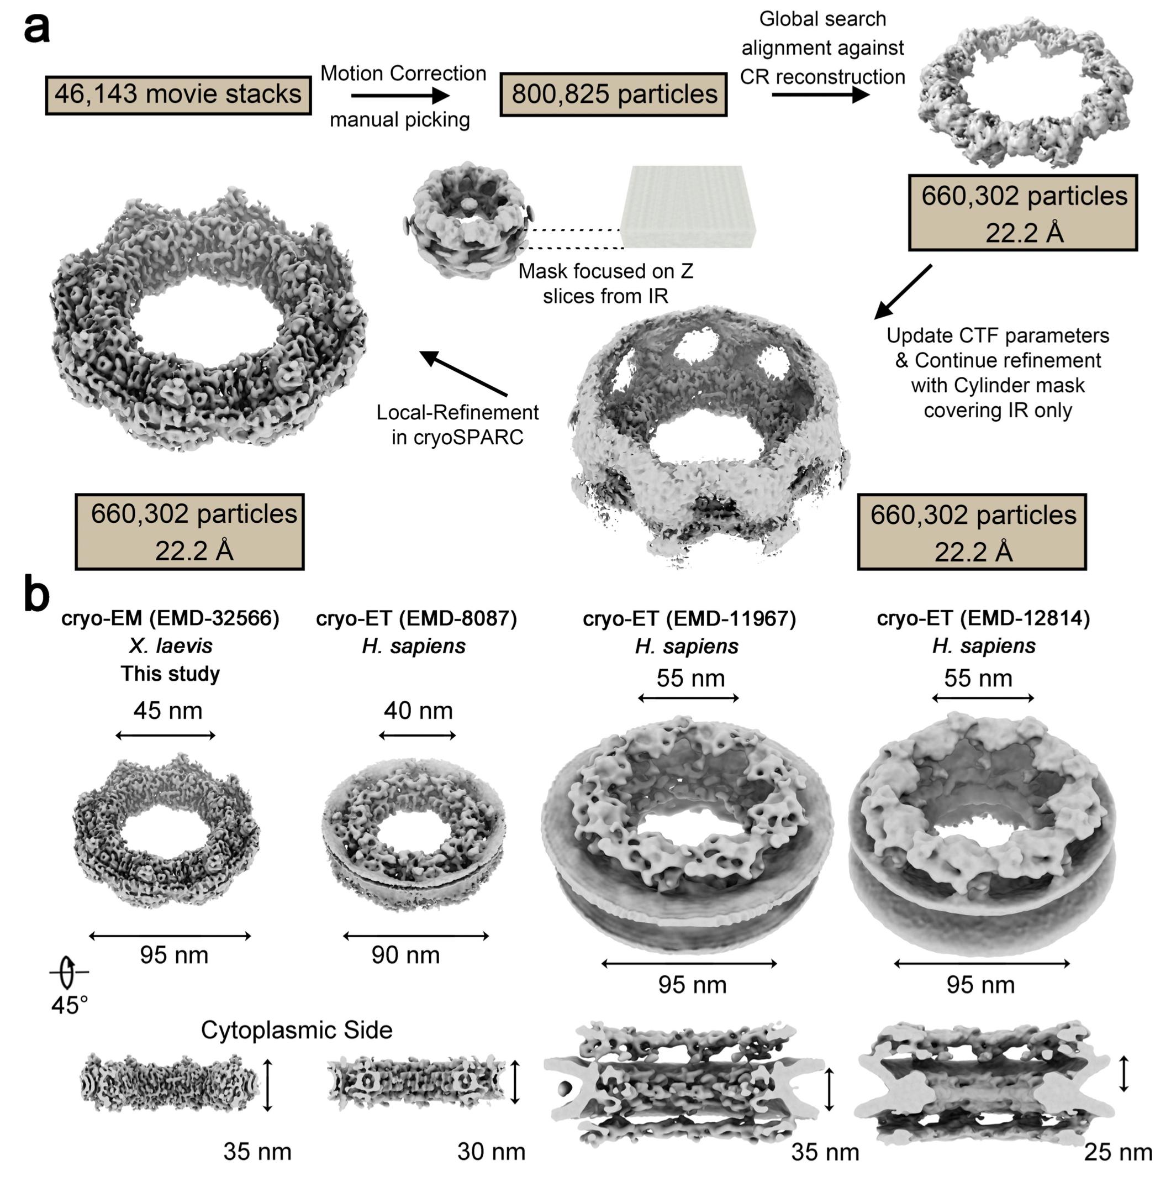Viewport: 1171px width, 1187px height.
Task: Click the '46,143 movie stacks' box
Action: click(x=178, y=95)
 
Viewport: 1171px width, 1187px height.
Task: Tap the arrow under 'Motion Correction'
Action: click(x=400, y=96)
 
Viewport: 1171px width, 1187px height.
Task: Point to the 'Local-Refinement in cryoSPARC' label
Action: click(x=457, y=424)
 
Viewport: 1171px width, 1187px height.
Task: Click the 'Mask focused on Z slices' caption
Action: click(x=605, y=283)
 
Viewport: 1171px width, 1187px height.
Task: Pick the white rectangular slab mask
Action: click(x=688, y=207)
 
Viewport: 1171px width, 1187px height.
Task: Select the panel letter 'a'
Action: click(x=37, y=28)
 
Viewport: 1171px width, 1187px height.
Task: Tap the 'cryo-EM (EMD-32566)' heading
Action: click(x=170, y=618)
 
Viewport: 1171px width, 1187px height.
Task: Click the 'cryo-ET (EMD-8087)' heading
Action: click(x=416, y=618)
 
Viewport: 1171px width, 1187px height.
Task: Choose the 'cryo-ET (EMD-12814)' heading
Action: click(x=983, y=618)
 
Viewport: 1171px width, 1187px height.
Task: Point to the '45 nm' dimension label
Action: click(x=167, y=710)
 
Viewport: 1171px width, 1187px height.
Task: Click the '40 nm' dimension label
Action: click(x=418, y=710)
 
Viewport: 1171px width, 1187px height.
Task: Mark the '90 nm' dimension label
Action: click(x=405, y=955)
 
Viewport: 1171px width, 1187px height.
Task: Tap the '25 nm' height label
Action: click(x=1118, y=1152)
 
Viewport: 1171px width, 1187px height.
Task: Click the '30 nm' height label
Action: click(x=491, y=1152)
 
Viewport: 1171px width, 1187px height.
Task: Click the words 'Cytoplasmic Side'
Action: click(x=297, y=1030)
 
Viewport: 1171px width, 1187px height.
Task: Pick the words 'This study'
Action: click(x=170, y=674)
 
